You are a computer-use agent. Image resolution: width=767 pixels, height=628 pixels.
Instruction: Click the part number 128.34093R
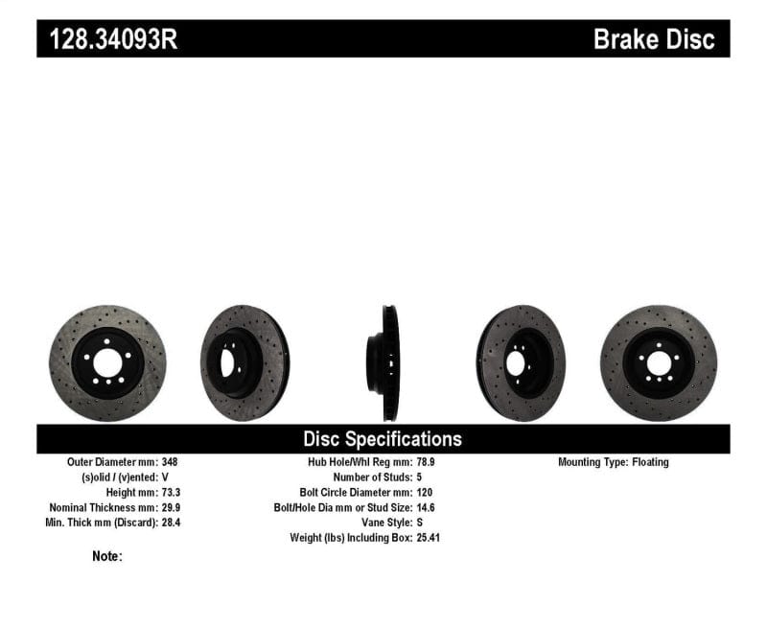pos(107,39)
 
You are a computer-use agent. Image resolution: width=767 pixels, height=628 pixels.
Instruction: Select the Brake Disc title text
pos(654,39)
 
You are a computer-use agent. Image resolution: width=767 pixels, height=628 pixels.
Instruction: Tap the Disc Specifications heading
pos(383,439)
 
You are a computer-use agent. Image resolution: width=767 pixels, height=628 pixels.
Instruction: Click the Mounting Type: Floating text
pos(614,462)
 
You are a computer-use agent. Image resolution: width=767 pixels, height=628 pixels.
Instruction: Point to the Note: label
pos(107,556)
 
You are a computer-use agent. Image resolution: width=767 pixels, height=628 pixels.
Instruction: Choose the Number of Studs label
pos(370,477)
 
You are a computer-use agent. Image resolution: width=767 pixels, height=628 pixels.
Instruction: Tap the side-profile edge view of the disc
pos(388,362)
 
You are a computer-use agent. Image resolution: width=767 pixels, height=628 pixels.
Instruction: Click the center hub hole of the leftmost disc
pos(106,364)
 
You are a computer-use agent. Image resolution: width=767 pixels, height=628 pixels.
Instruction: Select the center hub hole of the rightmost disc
pos(658,363)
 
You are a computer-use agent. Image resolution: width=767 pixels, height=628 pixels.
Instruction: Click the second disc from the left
pos(244,362)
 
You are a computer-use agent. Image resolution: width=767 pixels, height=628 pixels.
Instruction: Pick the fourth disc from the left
pos(521,362)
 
